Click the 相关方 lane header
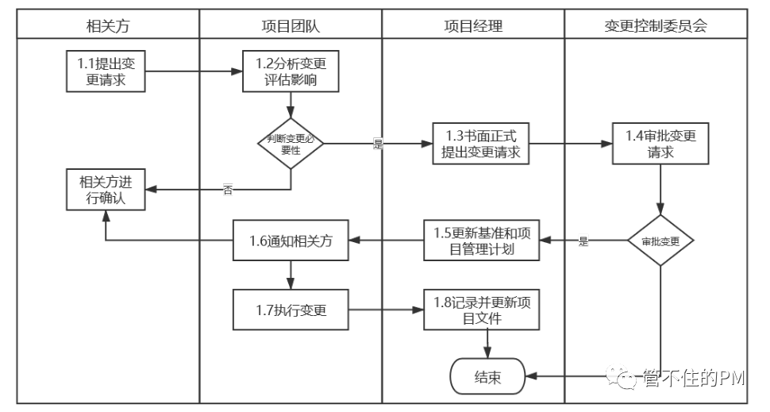coord(107,25)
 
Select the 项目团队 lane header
coord(291,25)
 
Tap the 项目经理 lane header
coord(473,25)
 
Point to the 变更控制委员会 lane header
coord(655,25)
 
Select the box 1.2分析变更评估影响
coord(291,71)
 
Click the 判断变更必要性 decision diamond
coord(291,144)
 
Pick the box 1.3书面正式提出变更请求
coord(480,144)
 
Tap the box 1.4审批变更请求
coord(660,144)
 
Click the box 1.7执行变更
coord(291,310)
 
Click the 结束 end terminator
coord(487,376)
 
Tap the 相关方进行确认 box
coord(107,190)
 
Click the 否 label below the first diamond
coord(228,190)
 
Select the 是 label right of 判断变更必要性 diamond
coord(378,144)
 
